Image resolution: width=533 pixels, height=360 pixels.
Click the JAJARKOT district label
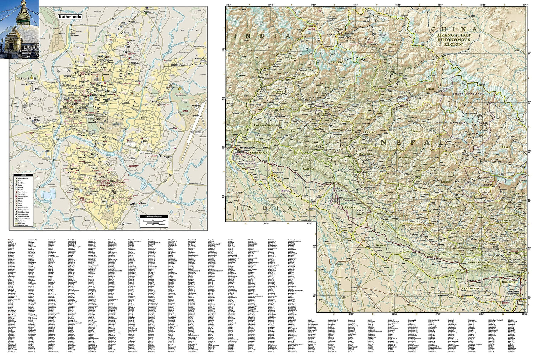point(404,156)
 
